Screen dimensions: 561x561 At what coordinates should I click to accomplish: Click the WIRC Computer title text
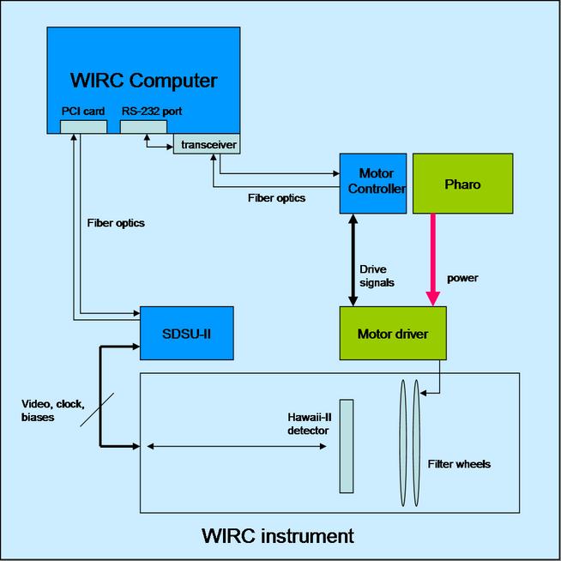tap(143, 81)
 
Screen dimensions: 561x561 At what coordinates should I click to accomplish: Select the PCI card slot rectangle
tap(83, 127)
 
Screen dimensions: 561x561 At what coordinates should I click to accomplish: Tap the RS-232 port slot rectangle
tap(143, 127)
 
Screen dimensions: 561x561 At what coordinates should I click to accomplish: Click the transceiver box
tap(206, 144)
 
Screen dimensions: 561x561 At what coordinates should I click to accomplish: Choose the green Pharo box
tap(462, 184)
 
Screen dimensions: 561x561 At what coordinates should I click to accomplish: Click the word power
tap(462, 278)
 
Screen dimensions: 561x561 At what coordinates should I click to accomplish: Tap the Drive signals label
tap(378, 274)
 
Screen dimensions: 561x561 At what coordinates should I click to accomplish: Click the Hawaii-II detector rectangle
tap(346, 446)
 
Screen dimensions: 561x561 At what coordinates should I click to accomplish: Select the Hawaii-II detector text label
tap(308, 424)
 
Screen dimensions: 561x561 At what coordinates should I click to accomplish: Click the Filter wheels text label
tap(459, 464)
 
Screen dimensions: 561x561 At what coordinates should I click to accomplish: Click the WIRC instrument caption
tap(277, 536)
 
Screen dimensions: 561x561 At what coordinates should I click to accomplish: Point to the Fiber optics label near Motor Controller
tap(277, 197)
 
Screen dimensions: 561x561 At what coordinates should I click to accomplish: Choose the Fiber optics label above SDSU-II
tap(116, 223)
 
